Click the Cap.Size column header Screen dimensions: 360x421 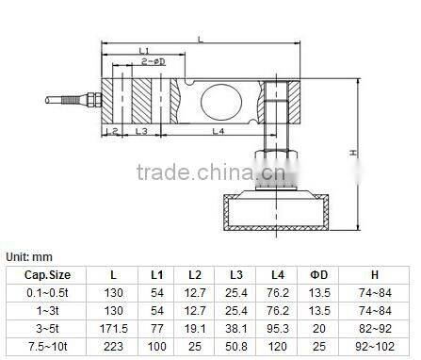pos(47,274)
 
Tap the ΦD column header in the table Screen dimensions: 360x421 pos(318,274)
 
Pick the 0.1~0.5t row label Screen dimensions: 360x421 pos(47,291)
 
